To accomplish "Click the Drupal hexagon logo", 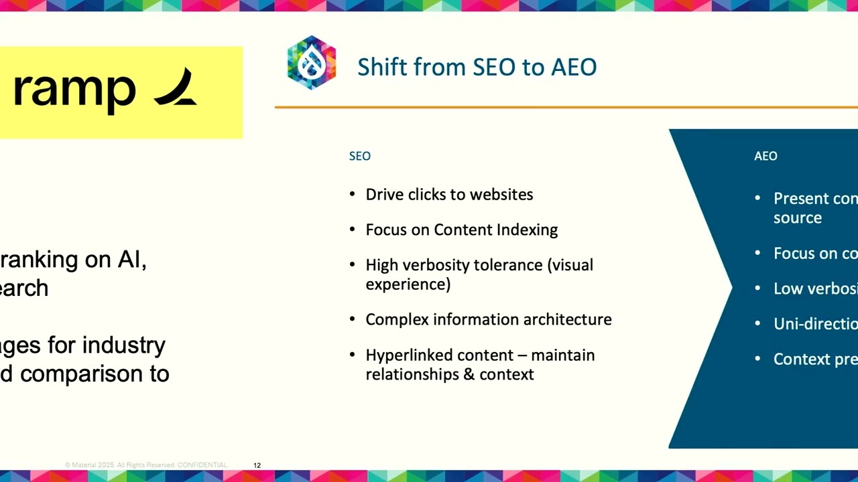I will [x=312, y=63].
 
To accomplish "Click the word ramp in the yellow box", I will [x=74, y=90].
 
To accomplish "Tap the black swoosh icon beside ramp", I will [x=175, y=88].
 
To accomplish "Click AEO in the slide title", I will [x=574, y=67].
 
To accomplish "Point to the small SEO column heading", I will [x=359, y=156].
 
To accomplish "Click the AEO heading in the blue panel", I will [x=765, y=156].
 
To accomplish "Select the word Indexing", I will [x=527, y=230].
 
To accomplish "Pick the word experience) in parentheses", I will [x=408, y=284].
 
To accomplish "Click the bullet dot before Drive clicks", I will [x=353, y=194].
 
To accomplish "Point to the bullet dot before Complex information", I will [x=353, y=319].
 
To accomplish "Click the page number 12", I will [x=257, y=465].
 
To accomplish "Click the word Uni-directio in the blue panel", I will [x=815, y=324].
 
